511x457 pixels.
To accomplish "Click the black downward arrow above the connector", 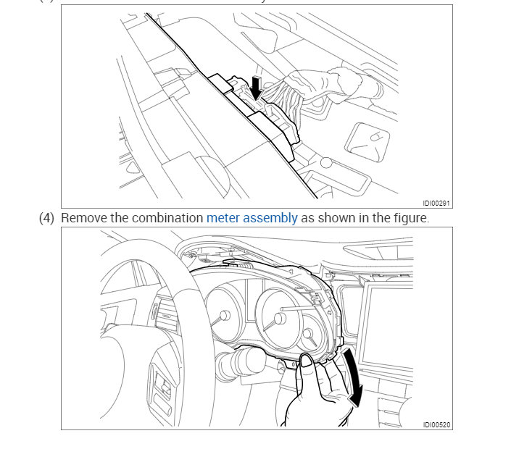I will (x=255, y=87).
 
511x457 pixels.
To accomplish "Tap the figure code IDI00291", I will (x=437, y=204).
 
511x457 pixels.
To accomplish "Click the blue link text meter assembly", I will (x=252, y=217).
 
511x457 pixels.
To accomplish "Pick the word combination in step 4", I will (x=166, y=217).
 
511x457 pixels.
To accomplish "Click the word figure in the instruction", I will (x=410, y=217).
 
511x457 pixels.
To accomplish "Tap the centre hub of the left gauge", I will (x=224, y=316).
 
